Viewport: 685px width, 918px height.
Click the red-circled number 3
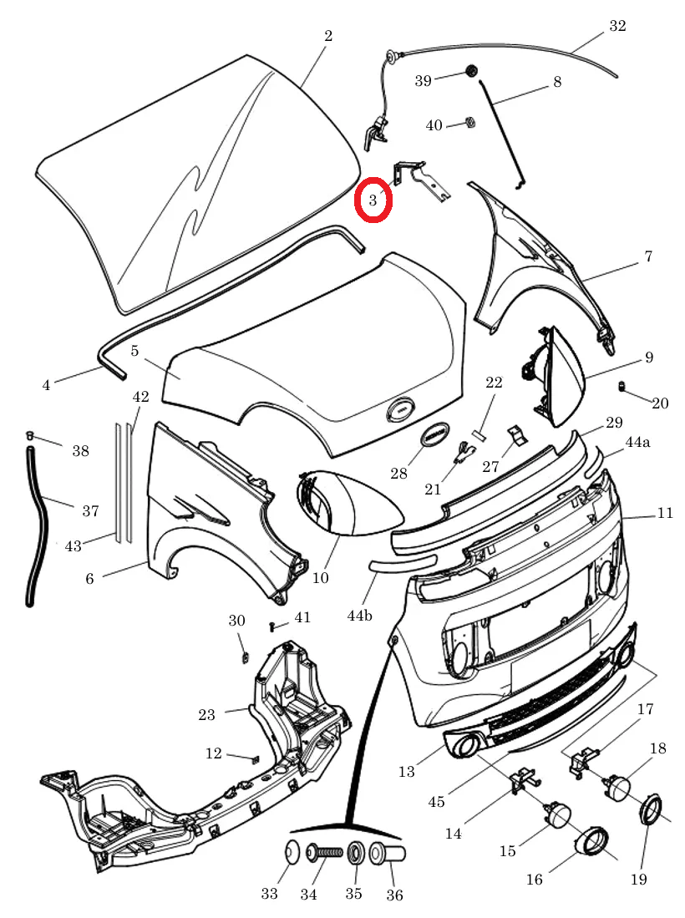tap(373, 200)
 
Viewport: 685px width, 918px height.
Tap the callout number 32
tap(617, 26)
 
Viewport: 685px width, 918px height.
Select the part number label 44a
tap(637, 442)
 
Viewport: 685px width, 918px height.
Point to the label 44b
tap(359, 616)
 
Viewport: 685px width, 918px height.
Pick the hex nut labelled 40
tap(469, 123)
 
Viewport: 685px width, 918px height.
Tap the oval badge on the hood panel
tap(400, 410)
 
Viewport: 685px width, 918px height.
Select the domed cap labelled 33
tap(292, 852)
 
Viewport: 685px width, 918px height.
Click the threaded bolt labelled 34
tap(324, 852)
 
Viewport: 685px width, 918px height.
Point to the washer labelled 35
tap(355, 853)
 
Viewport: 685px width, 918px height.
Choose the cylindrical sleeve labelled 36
tap(388, 854)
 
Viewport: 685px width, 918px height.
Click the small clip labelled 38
tap(30, 435)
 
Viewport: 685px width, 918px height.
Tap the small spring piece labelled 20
tap(622, 386)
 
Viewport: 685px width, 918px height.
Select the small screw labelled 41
tap(272, 626)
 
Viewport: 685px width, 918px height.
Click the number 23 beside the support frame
tap(206, 714)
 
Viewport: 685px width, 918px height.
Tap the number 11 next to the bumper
tap(665, 514)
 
